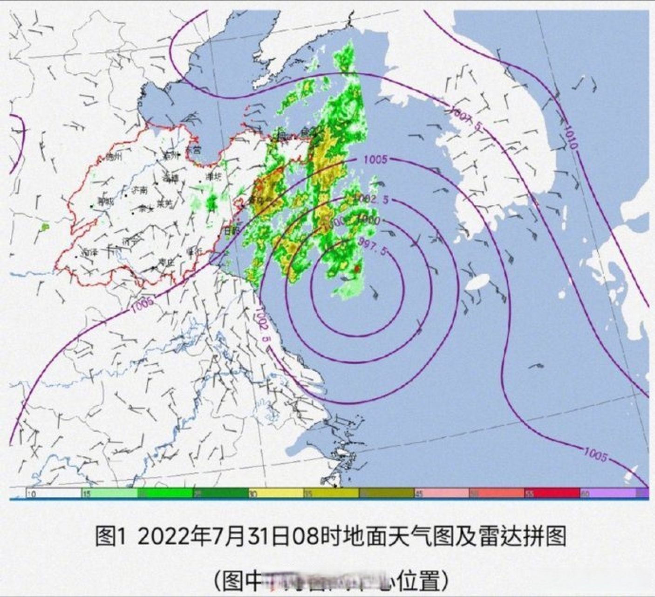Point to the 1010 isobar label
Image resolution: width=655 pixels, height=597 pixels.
pyautogui.click(x=570, y=137)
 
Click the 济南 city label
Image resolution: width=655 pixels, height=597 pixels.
pyautogui.click(x=138, y=190)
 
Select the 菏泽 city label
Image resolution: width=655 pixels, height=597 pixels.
pyautogui.click(x=89, y=252)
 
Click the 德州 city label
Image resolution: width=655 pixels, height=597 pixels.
pyautogui.click(x=113, y=157)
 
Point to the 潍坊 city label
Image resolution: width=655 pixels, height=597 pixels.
pyautogui.click(x=213, y=176)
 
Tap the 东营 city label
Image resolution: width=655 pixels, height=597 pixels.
pyautogui.click(x=193, y=150)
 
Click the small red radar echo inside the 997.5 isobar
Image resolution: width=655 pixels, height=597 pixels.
pyautogui.click(x=356, y=269)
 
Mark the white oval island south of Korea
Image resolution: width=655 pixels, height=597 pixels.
pyautogui.click(x=478, y=282)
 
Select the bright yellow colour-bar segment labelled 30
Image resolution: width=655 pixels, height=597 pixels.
pyautogui.click(x=275, y=493)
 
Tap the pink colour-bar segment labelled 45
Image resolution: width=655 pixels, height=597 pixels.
pyautogui.click(x=441, y=493)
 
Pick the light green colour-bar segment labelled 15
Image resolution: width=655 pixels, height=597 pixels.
pyautogui.click(x=109, y=493)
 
